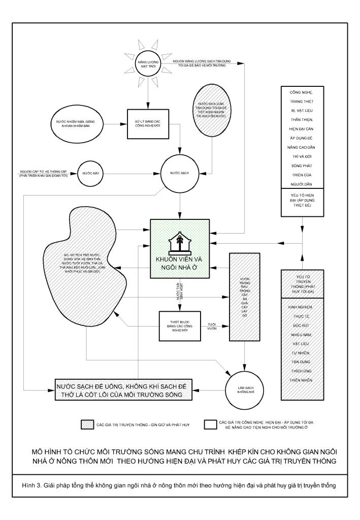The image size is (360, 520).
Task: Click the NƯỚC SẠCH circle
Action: tap(181, 174)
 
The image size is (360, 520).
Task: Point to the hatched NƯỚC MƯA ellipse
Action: tap(212, 112)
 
